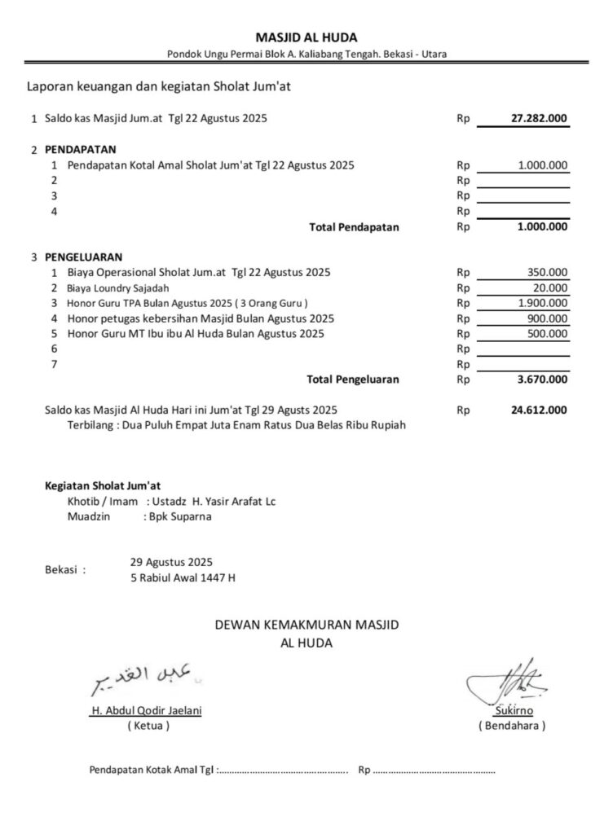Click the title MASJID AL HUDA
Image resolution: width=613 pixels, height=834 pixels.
(306, 37)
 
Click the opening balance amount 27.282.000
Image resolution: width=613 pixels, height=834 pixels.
(539, 118)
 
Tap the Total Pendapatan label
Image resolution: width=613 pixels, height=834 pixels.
(355, 227)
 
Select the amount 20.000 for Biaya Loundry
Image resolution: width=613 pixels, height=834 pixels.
(551, 288)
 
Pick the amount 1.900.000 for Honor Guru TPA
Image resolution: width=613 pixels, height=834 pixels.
(543, 303)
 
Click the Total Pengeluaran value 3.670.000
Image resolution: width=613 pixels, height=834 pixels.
(542, 379)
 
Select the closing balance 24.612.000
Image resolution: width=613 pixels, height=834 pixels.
(539, 410)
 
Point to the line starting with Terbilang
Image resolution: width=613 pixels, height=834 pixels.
(236, 425)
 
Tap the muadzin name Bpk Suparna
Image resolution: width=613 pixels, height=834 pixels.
(177, 516)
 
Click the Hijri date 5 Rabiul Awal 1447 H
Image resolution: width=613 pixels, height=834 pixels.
(183, 577)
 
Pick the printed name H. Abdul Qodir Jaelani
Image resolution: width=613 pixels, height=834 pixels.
(147, 709)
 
